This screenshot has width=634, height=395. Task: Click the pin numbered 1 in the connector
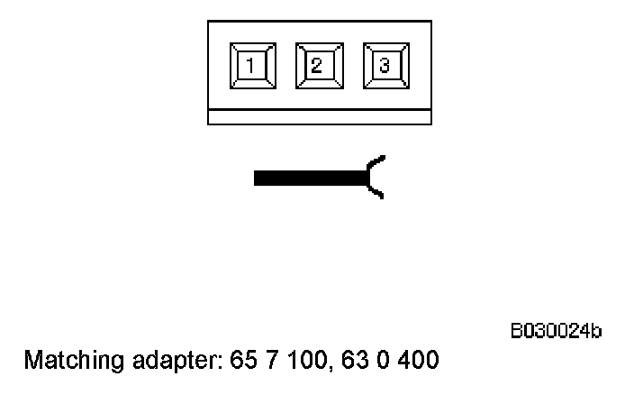252,65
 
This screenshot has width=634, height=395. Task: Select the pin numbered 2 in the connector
318,65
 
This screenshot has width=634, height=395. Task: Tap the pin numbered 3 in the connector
385,65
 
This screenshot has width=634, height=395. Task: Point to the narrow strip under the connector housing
320,117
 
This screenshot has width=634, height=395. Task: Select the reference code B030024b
557,333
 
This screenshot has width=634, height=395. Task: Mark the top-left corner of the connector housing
208,21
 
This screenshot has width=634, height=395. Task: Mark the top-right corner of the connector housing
430,21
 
